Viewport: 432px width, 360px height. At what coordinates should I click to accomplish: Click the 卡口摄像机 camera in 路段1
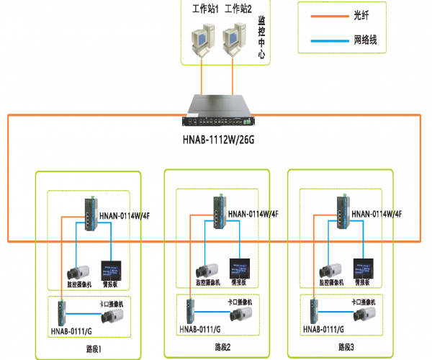pyautogui.click(x=114, y=315)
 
